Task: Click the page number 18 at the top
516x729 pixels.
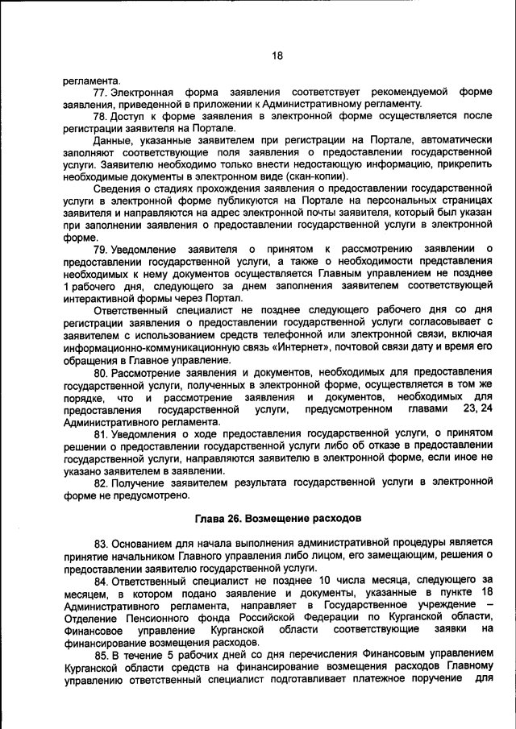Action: click(x=277, y=56)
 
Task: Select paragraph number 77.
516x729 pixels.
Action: click(x=101, y=93)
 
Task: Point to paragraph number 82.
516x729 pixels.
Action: click(x=101, y=483)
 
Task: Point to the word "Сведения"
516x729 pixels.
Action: click(x=117, y=192)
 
